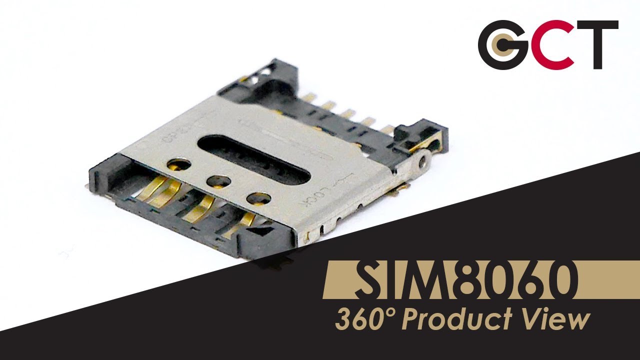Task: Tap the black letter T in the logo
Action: (598, 44)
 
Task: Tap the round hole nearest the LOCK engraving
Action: (258, 198)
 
